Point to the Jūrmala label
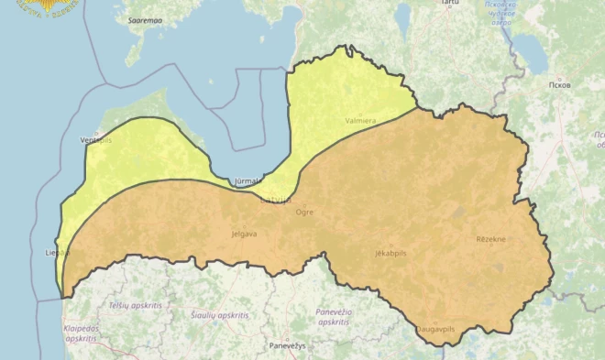(x=248, y=181)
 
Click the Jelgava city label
(x=245, y=234)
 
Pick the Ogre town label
(x=304, y=212)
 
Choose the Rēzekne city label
(x=490, y=239)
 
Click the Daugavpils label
(x=435, y=328)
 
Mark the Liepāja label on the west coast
(x=56, y=251)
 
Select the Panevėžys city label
(x=288, y=345)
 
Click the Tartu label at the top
(x=449, y=4)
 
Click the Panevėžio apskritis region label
(x=334, y=317)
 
